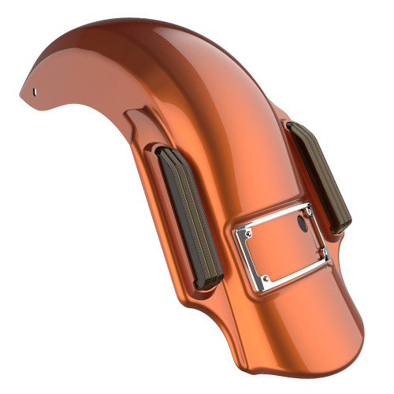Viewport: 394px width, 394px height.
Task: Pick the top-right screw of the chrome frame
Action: click(310, 210)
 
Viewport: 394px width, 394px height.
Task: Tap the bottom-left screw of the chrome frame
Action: click(266, 277)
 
